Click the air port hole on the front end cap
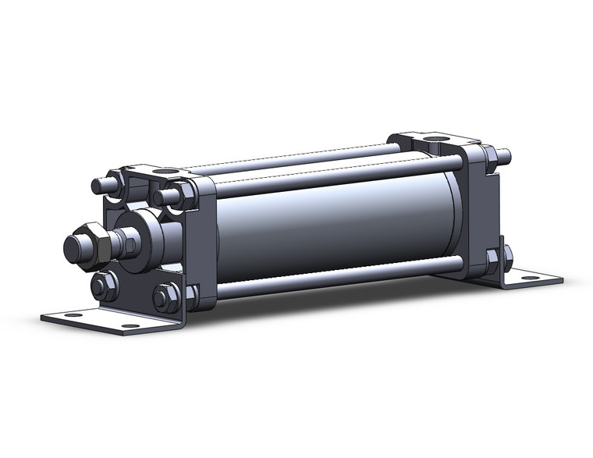click(165, 171)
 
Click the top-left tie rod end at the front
click(101, 186)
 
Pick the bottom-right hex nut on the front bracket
click(165, 297)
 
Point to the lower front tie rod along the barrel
click(328, 279)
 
